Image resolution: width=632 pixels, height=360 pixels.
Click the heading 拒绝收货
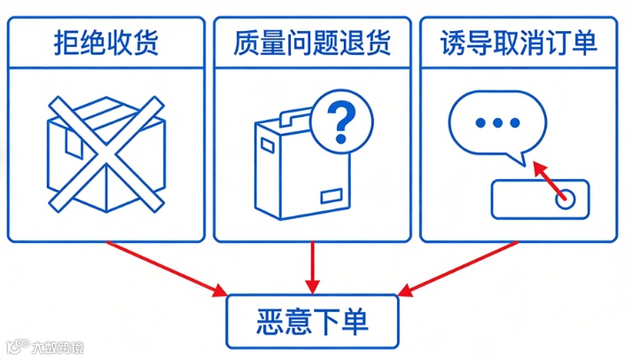point(105,42)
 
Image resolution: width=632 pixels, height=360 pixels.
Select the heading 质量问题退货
point(312,42)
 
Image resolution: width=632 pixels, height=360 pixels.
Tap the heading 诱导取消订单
point(519,42)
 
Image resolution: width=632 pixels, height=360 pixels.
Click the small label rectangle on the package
point(332,195)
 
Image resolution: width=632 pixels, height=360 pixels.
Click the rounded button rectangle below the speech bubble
point(540,199)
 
